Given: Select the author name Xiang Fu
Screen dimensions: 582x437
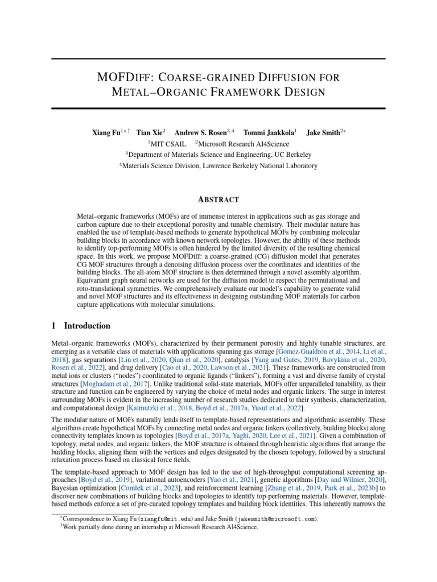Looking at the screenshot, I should click(x=106, y=132).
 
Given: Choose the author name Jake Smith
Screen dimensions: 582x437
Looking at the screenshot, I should click(x=323, y=132).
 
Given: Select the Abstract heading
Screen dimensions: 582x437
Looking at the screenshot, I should click(x=218, y=199).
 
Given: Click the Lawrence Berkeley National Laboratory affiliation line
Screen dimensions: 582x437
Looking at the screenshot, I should click(x=218, y=166).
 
